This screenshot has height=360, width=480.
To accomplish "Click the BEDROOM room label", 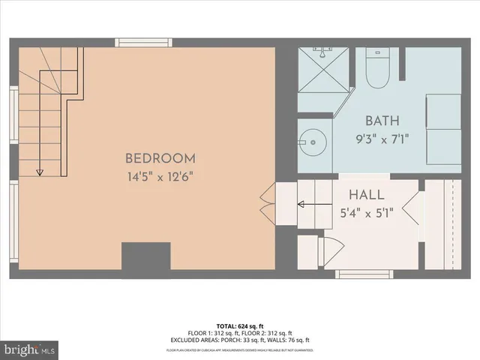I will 160,158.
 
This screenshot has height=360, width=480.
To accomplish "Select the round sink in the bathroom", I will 309,140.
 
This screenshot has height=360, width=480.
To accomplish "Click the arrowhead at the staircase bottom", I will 38,172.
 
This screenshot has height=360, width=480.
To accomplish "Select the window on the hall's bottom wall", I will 363,274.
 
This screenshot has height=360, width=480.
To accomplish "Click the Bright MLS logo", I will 30,349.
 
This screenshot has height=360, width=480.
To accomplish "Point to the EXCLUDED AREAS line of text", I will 240,339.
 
